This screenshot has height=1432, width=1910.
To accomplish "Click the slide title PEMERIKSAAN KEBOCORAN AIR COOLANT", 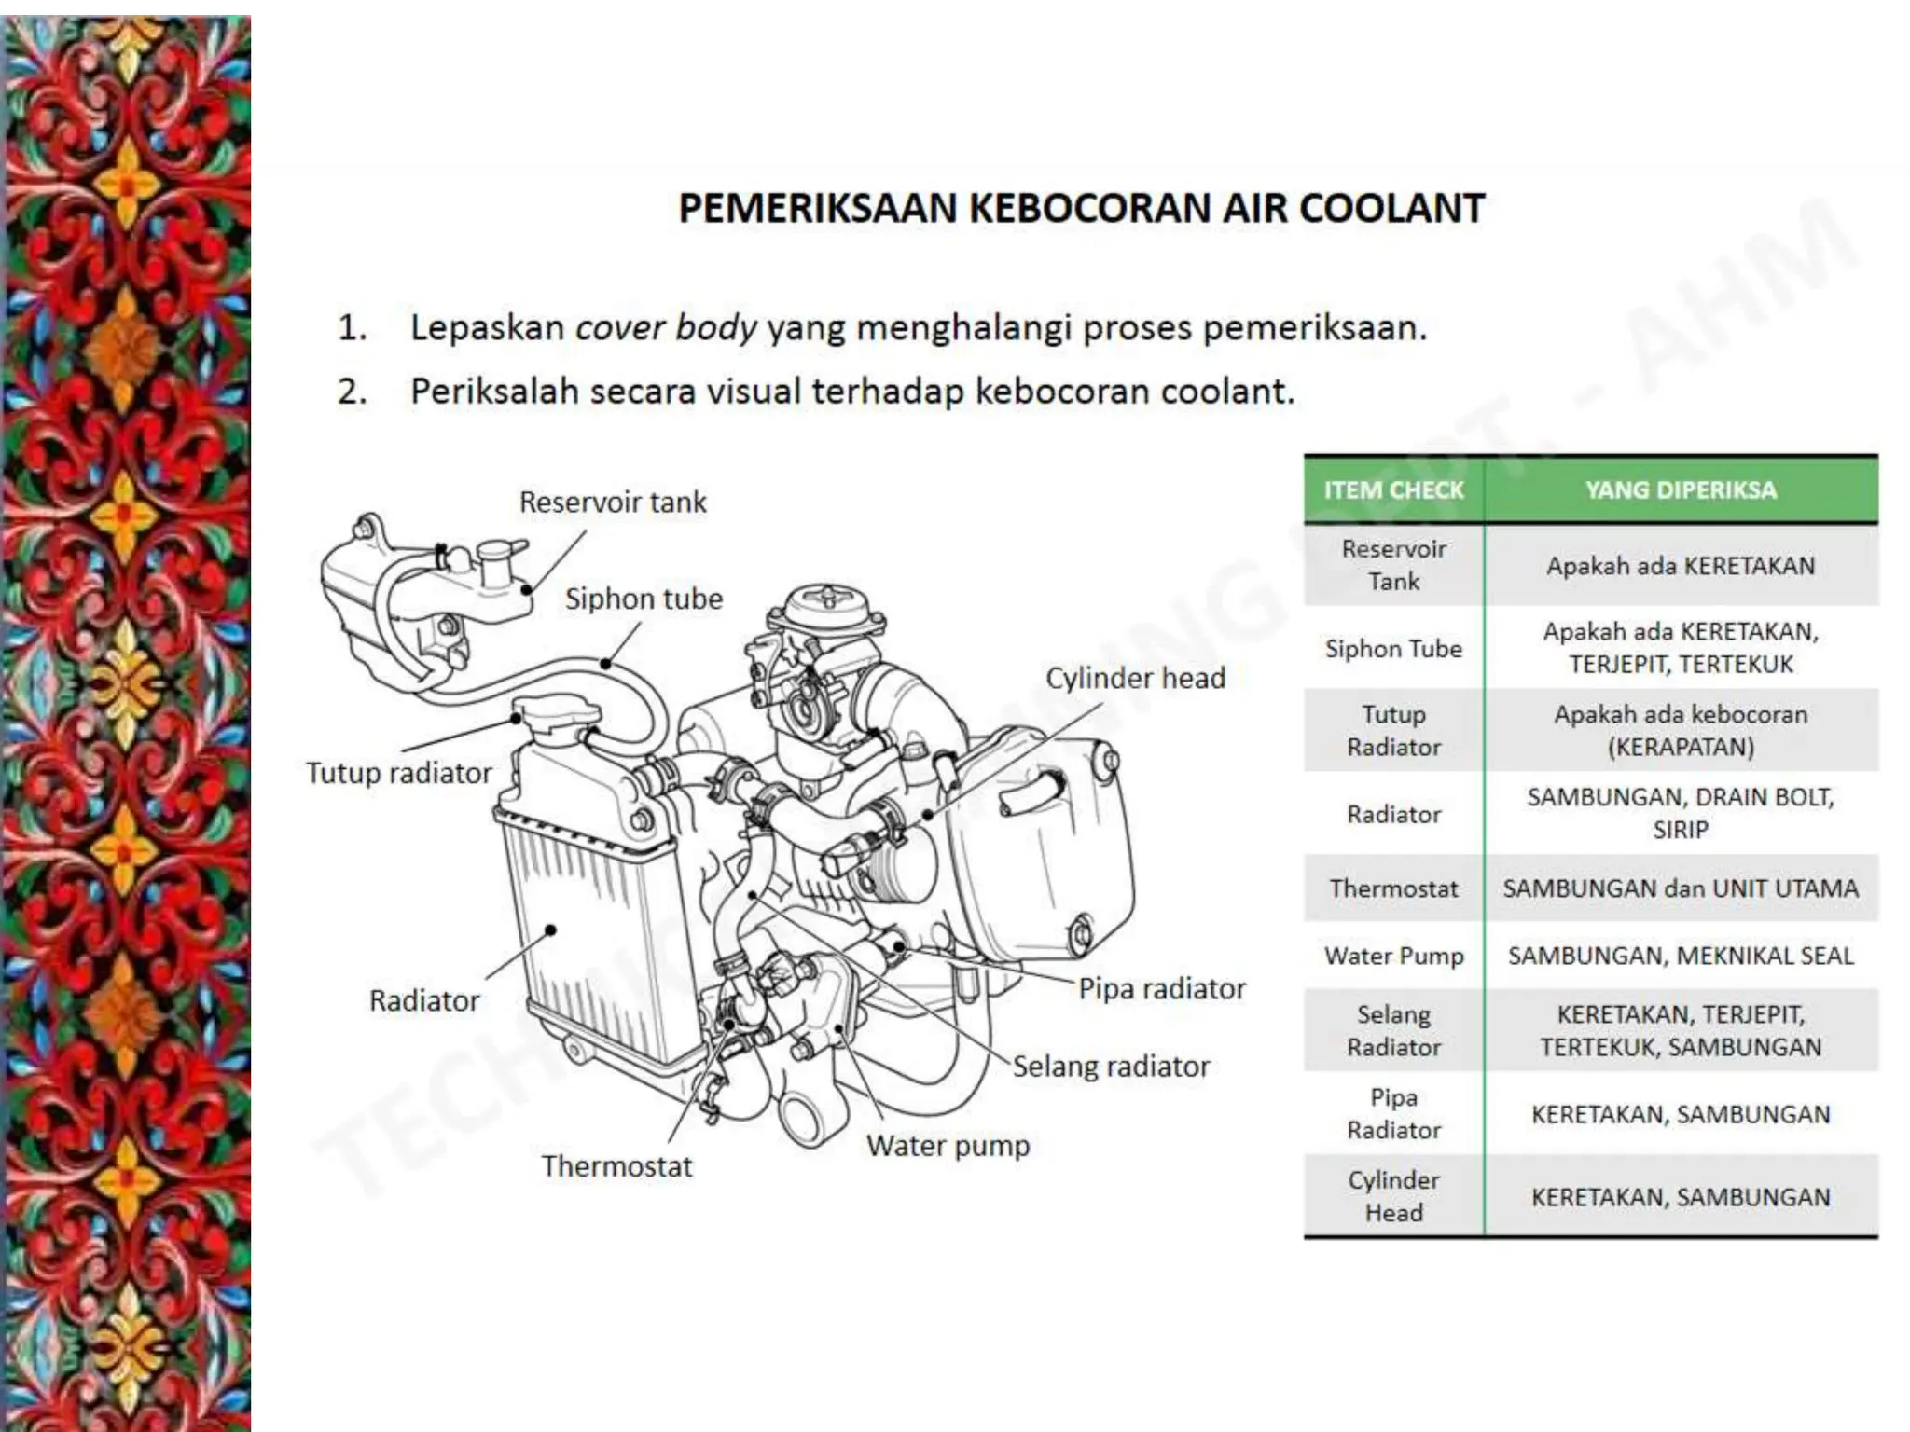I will [1081, 208].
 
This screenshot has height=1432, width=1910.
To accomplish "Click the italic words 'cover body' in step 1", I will [666, 328].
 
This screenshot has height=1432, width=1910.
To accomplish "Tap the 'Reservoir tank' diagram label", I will [613, 503].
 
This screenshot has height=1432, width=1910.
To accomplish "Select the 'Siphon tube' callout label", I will [644, 599].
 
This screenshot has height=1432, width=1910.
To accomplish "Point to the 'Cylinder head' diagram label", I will [1135, 678].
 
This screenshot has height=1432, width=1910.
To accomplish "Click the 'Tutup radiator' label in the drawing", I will [398, 773].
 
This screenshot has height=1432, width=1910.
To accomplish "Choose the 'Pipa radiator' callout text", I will [1162, 988].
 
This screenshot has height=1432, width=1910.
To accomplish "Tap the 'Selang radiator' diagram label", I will [1111, 1066].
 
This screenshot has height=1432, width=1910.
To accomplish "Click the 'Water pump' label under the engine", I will [948, 1145].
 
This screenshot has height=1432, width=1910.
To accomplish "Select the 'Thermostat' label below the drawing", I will [616, 1166].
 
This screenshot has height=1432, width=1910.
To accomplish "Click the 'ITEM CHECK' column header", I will [1393, 490].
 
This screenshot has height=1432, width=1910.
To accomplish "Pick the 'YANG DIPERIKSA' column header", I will [1681, 490].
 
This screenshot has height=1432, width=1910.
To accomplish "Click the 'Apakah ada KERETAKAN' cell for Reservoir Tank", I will [1681, 566].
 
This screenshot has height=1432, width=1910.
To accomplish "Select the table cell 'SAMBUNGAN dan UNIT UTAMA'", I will [1681, 888].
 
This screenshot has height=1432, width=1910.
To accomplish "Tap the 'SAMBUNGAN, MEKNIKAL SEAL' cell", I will [1681, 956].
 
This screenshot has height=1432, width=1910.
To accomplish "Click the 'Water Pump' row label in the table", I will [1393, 956].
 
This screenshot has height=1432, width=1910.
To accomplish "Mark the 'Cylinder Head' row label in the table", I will [1393, 1196].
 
